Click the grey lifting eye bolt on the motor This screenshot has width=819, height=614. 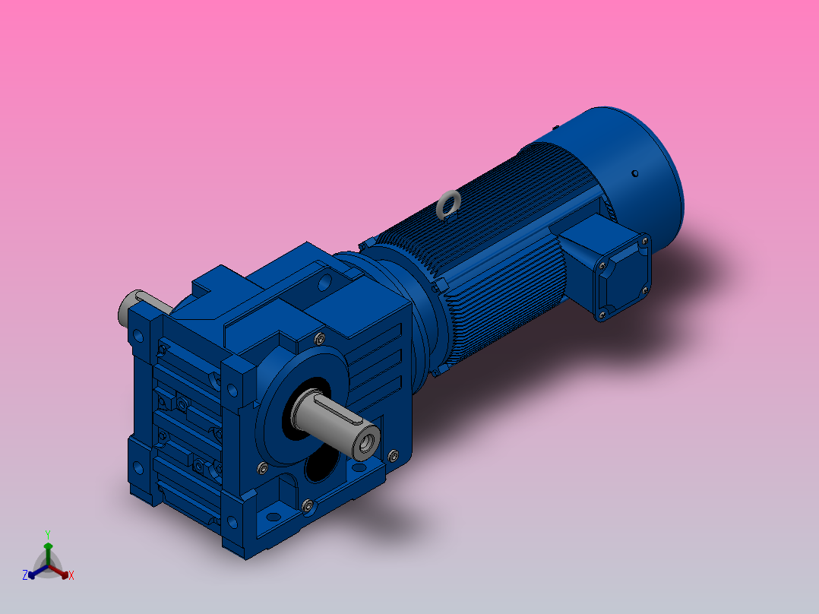point(449,204)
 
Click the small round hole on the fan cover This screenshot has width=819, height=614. point(634,173)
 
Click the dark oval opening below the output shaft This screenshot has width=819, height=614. point(322,465)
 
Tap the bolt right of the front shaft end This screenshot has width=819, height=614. point(392,456)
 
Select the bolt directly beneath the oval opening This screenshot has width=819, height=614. point(308,505)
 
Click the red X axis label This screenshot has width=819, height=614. point(71,576)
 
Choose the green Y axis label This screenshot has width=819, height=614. point(47,534)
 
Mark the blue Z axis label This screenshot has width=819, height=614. point(25,575)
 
